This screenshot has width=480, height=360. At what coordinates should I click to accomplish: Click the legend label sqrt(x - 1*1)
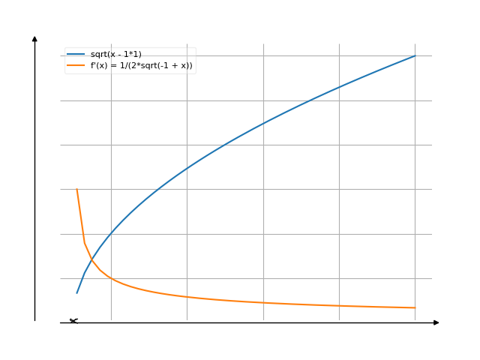pos(115,54)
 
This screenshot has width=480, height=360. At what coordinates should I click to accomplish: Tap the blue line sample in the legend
pos(76,54)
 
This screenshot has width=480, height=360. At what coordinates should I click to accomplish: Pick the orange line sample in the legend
pos(76,65)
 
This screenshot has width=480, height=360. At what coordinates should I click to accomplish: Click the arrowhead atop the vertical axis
pos(34,37)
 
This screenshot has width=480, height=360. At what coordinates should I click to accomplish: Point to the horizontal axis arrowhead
pos(436,322)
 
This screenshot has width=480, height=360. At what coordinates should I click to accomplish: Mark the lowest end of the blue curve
pos(76,292)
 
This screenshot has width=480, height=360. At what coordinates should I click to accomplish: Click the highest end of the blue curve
pos(415,56)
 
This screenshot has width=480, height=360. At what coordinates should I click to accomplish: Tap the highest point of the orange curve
pos(76,189)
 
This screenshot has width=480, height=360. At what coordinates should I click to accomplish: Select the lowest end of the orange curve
pos(415,307)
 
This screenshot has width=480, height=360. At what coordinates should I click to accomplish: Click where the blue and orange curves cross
pos(91,259)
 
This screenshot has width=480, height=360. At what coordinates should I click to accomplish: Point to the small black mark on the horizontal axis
pos(73,321)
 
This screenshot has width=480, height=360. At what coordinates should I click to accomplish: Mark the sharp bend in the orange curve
pos(84,241)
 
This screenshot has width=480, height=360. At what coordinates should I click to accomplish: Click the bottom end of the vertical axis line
pos(34,321)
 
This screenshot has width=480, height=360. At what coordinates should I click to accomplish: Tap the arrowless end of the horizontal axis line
pos(61,322)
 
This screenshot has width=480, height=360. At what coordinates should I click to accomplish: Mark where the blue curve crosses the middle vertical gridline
pos(263,123)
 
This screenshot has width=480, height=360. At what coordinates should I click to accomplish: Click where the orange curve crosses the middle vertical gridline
pos(263,302)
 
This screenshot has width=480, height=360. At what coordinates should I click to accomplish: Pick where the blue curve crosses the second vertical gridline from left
pos(187,167)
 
